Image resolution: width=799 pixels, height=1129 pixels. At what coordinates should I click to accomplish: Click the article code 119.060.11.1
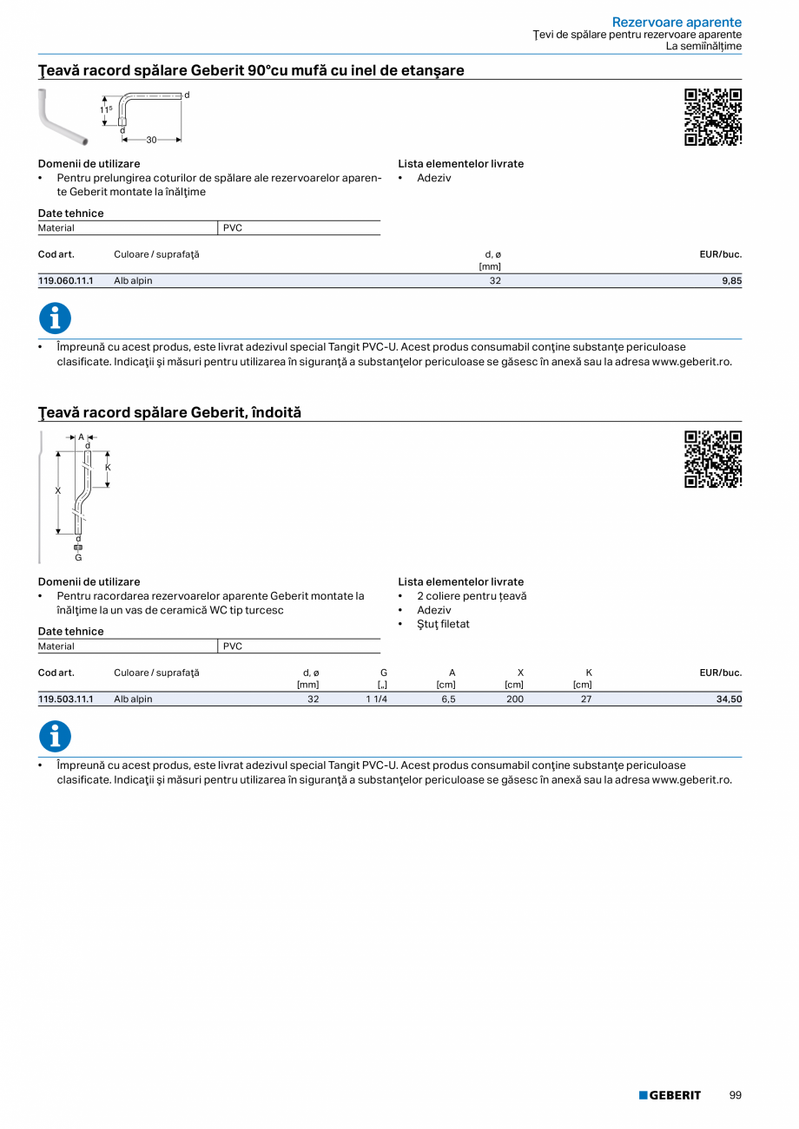[66, 281]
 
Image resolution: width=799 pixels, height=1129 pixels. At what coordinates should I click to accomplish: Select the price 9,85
[731, 281]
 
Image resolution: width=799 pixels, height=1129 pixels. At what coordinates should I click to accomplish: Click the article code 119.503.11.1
[66, 699]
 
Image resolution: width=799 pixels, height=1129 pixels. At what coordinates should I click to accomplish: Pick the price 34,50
[729, 699]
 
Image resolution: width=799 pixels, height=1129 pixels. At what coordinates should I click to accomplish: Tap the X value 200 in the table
[515, 699]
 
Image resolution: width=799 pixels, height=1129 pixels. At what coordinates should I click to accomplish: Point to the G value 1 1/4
[376, 699]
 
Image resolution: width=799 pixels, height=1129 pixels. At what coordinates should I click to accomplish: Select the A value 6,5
[448, 699]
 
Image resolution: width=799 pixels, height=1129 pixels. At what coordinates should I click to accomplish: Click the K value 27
[586, 699]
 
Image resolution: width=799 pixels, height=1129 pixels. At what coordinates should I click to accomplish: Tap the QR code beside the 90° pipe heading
[713, 117]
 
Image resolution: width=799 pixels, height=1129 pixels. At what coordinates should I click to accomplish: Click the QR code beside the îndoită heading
[713, 459]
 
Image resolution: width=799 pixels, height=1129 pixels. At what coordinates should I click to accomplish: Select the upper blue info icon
[55, 318]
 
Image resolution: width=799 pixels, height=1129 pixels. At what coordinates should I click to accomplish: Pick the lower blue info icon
[55, 737]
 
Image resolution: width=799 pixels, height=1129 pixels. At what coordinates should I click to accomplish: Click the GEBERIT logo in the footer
[670, 1096]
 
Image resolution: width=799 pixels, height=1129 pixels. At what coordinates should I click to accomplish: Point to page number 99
[735, 1096]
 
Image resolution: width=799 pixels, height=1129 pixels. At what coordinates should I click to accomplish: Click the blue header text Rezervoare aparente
[677, 22]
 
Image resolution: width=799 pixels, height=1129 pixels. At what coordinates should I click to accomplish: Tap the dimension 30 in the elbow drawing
[151, 139]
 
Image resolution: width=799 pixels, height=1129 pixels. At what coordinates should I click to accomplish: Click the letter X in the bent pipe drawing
[58, 491]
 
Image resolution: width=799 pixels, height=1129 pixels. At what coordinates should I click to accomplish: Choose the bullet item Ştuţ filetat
[443, 624]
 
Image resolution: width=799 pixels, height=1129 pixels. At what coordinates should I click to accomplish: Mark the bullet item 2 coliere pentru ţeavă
[472, 596]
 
